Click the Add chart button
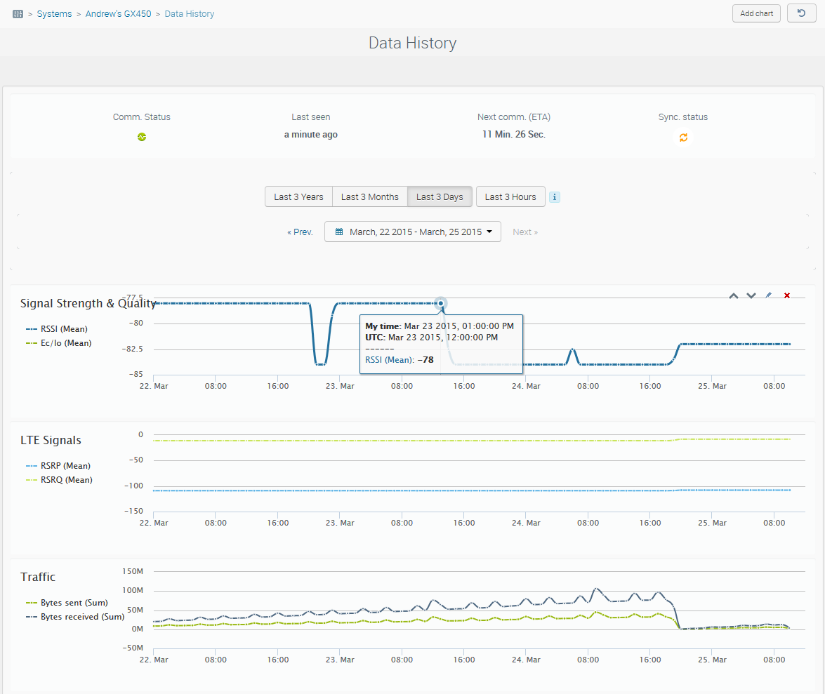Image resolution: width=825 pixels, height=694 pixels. click(x=756, y=13)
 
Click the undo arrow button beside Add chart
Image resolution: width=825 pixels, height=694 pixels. click(x=801, y=13)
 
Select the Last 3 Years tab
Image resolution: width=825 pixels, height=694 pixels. click(x=298, y=196)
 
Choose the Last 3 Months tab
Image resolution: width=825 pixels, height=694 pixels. click(x=369, y=196)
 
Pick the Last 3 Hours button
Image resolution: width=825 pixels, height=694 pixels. click(x=510, y=196)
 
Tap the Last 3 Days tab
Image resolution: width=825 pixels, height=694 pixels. click(x=440, y=196)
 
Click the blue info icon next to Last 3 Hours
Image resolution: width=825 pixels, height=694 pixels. click(x=555, y=197)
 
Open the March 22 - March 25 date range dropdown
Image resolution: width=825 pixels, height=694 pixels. click(x=413, y=232)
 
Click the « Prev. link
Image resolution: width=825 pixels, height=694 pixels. click(x=300, y=232)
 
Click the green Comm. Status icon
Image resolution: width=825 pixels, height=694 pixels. click(x=142, y=138)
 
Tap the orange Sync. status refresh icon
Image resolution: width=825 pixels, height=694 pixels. click(x=683, y=138)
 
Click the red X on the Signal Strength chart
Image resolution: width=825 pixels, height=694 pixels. click(x=786, y=295)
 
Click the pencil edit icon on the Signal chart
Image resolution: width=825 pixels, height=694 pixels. click(x=769, y=295)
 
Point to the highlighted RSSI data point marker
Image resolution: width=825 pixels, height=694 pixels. click(x=440, y=303)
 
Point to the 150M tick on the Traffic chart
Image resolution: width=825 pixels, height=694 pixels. click(x=132, y=571)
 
